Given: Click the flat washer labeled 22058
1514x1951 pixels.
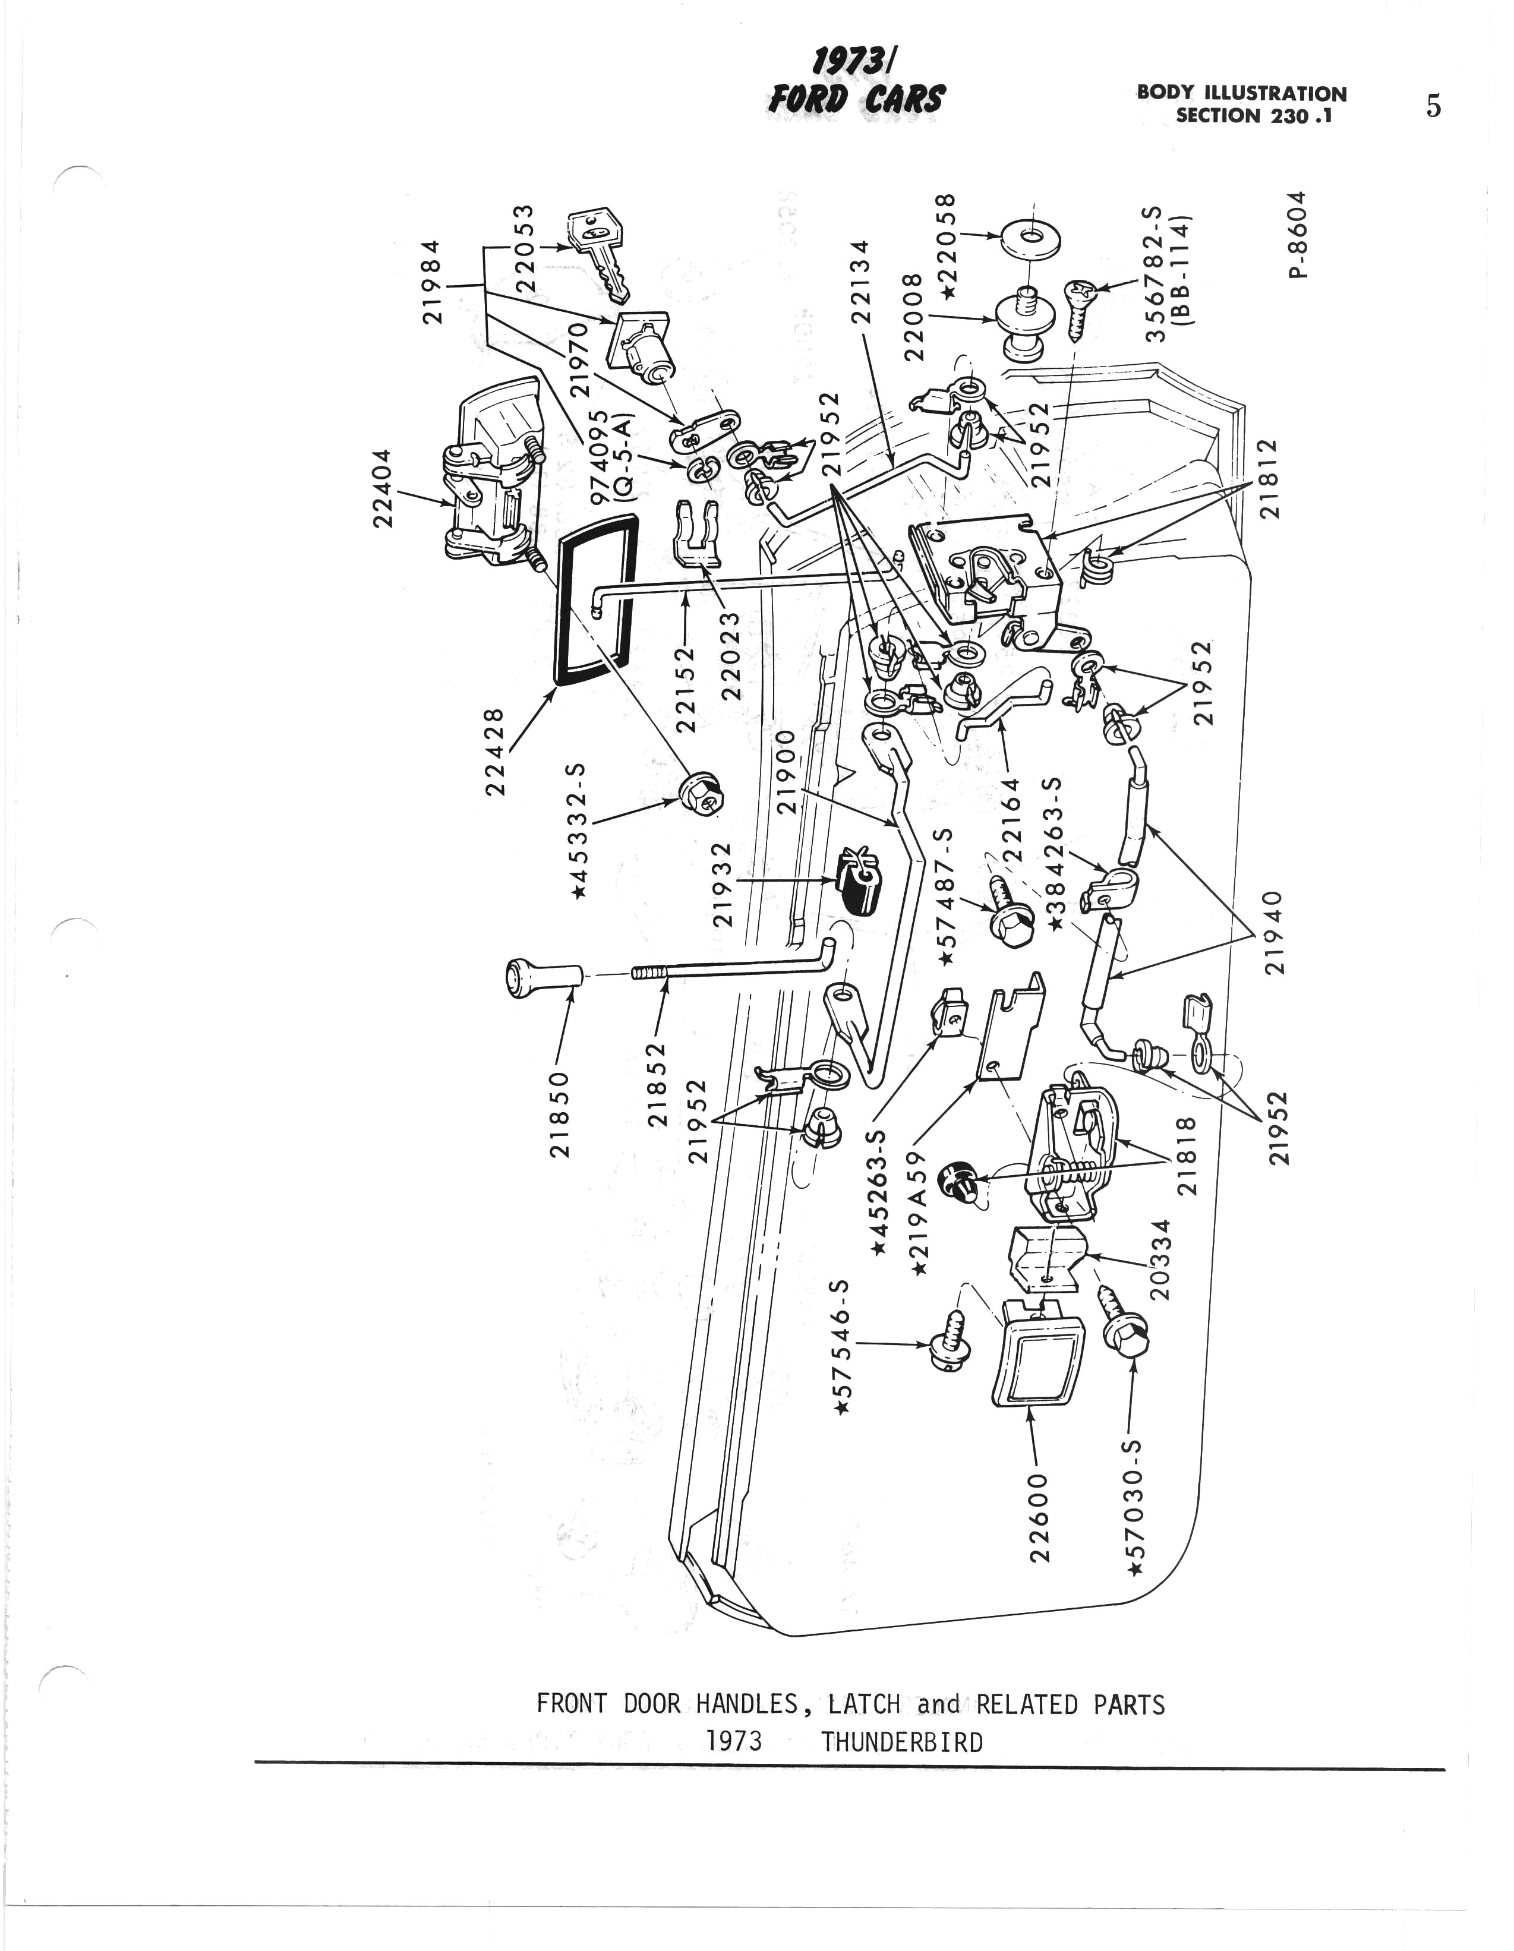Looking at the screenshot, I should click(1027, 239).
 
